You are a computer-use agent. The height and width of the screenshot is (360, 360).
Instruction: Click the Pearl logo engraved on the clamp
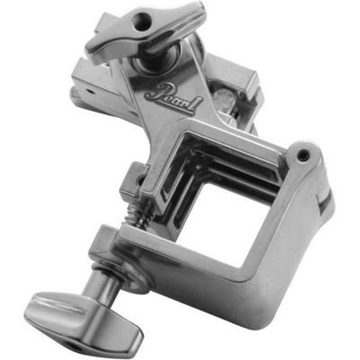click(174, 98)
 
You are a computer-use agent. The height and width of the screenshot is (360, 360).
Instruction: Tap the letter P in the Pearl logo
click(155, 91)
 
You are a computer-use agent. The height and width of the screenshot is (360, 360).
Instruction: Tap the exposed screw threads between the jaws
click(137, 215)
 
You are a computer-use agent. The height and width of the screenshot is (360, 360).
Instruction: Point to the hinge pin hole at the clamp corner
click(302, 155)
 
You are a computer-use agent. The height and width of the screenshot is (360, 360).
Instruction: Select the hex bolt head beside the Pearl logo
click(224, 98)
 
